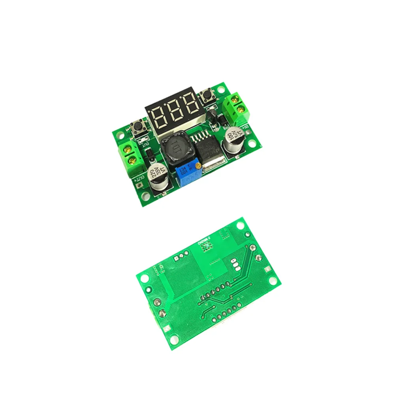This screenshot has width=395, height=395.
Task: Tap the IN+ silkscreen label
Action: click(245, 127)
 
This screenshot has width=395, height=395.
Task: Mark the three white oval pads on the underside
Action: click(236, 266)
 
